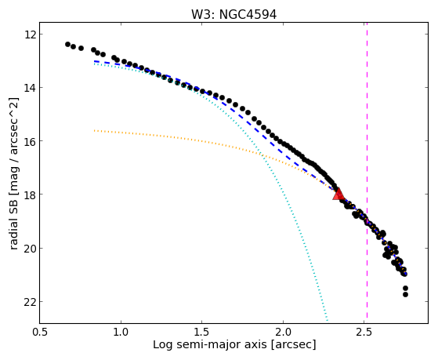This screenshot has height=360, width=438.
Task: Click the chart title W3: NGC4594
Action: point(233,15)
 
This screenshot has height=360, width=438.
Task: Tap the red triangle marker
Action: point(338,195)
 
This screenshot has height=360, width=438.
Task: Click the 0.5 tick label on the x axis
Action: point(40,332)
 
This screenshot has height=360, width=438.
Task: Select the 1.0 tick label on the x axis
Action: point(121,332)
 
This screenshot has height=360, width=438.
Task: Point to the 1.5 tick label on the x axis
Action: point(201,332)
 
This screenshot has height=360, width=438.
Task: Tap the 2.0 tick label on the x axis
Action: point(283,332)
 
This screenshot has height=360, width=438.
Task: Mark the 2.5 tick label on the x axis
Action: point(364,332)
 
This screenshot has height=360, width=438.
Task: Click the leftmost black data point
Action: point(67,44)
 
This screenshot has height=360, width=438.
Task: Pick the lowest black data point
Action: point(405,294)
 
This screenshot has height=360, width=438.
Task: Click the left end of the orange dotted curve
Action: point(95,130)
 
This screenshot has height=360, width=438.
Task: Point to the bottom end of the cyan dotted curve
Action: point(327,320)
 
